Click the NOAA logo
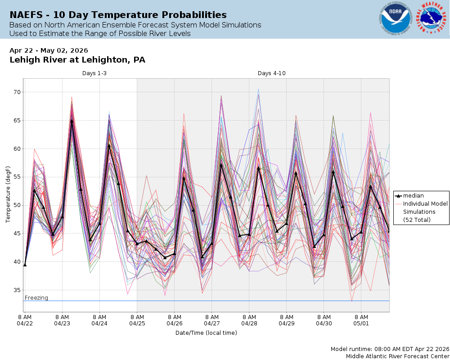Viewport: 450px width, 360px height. pos(395,19)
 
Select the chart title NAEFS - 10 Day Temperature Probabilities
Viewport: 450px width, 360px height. pos(118,15)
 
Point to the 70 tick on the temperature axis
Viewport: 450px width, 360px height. pos(17,92)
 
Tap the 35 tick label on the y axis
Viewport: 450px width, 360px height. pos(17,290)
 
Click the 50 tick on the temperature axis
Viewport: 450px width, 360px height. pos(17,205)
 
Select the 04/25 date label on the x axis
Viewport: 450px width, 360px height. pos(137,323)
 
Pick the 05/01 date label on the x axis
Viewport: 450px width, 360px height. pos(361,323)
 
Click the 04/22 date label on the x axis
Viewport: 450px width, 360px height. pos(25,323)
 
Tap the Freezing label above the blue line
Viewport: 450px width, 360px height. pos(36,297)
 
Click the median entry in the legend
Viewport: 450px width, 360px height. pos(413,196)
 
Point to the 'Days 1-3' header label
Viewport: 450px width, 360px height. pos(94,73)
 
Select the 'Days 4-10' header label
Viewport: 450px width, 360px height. pos(271,73)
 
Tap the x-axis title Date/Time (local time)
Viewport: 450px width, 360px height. pos(206,333)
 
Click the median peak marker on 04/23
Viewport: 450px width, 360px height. pos(72,121)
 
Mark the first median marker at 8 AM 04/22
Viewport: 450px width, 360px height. pos(25,265)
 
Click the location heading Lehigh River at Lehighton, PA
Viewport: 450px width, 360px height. pos(77,60)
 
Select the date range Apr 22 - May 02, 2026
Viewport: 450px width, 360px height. pos(49,50)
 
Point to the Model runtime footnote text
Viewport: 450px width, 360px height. pos(390,349)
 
